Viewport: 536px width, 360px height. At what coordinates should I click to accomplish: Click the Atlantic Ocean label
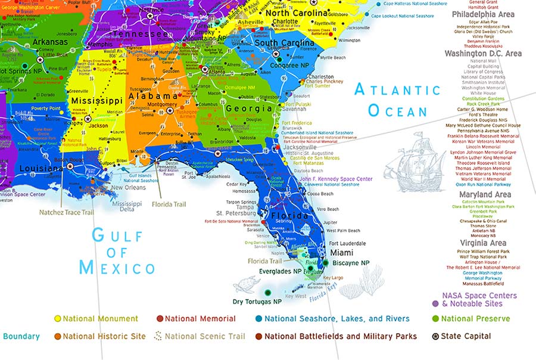click(x=398, y=100)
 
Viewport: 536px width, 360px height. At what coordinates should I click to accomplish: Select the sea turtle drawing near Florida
click(x=248, y=285)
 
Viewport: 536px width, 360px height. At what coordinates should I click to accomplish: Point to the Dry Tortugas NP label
click(x=257, y=302)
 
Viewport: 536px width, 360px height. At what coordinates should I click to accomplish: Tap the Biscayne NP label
click(x=351, y=263)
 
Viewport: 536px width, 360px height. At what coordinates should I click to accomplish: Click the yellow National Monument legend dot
click(x=58, y=319)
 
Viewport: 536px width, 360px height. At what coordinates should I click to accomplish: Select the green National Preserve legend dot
click(x=435, y=319)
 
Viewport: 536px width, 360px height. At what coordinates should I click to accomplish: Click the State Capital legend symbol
click(x=435, y=336)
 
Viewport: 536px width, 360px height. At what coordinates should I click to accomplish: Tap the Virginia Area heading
click(x=483, y=243)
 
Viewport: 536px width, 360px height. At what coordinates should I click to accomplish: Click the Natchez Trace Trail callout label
click(x=66, y=212)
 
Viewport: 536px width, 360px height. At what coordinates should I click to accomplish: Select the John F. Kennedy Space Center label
click(x=336, y=179)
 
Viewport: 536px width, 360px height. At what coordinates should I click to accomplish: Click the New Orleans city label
click(x=127, y=188)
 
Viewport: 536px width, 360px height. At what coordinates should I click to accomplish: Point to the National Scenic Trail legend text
click(x=202, y=336)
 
